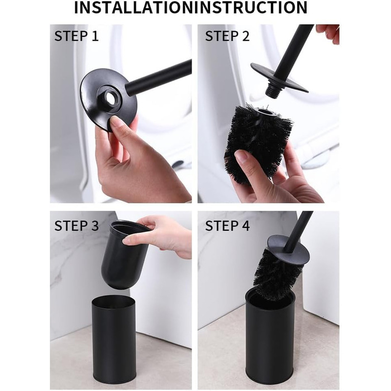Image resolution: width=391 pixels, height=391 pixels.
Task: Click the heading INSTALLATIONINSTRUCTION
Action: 191,7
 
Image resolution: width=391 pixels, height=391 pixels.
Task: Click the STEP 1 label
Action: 77,36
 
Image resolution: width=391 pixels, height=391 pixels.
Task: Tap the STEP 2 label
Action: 227,36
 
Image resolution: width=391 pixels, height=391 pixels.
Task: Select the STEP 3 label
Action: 77,226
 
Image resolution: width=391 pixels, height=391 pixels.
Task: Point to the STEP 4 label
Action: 227,226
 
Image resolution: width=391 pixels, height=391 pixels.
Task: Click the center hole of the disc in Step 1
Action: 109,96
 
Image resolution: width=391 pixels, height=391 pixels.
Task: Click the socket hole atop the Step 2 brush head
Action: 264,112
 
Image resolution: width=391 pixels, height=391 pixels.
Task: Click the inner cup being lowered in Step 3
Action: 125,255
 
